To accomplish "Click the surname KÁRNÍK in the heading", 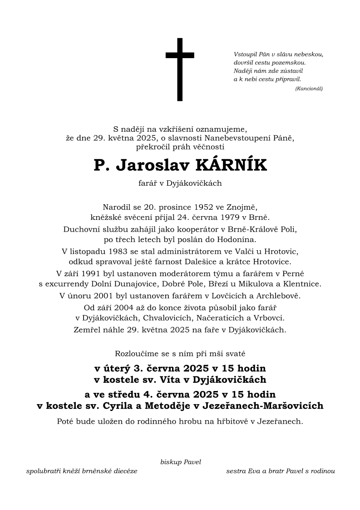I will [x=231, y=166].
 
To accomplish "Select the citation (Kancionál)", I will [x=309, y=89].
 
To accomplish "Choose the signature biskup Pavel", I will [x=180, y=462].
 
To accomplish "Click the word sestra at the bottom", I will [x=237, y=471].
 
